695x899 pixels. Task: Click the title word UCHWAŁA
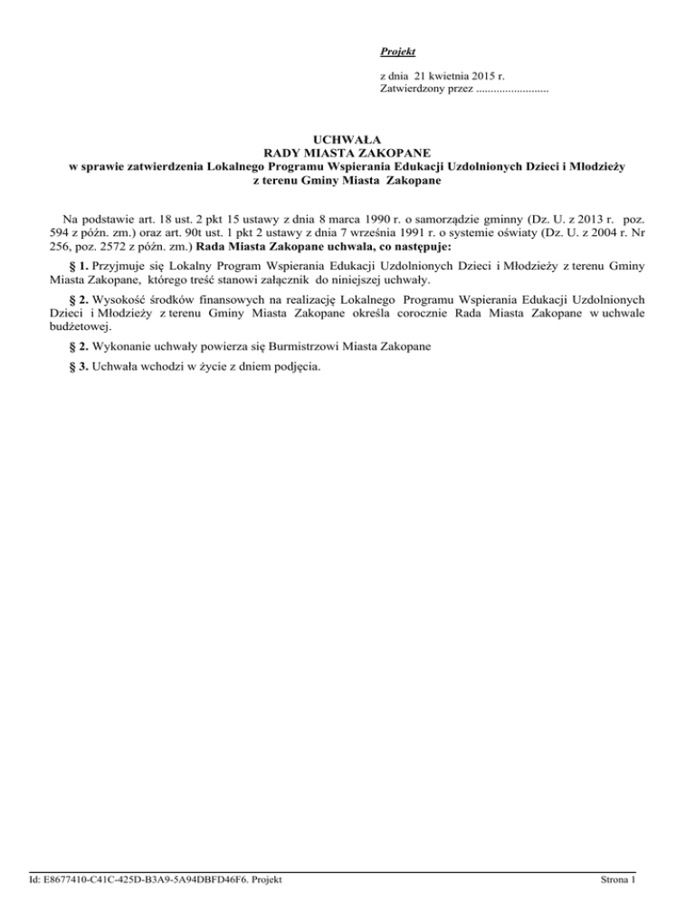pos(347,139)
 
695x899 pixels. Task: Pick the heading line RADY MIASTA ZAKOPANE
pos(347,153)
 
